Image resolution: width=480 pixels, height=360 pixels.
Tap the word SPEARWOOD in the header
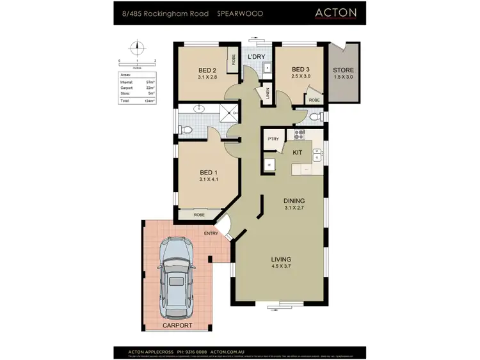coord(239,13)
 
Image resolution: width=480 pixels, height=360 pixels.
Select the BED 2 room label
coord(207,70)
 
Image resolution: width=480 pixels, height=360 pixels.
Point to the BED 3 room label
coord(301,70)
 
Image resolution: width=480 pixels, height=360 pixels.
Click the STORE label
coord(343,70)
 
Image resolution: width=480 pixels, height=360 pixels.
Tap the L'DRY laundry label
coord(257,58)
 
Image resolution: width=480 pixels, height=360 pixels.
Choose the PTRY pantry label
coord(273,139)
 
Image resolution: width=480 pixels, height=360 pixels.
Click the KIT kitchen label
coord(298,153)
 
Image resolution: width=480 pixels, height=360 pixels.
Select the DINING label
coord(296,200)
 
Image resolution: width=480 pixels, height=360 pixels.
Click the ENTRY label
coord(211,233)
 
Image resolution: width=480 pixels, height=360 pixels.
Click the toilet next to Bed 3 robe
coord(314,117)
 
